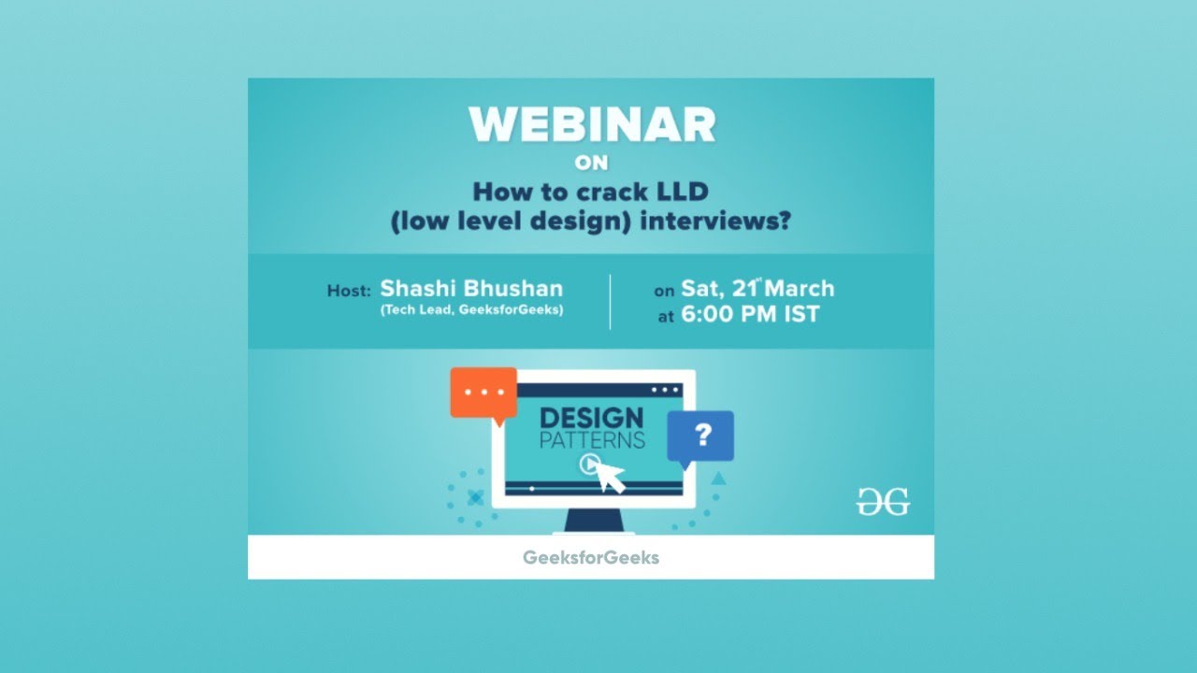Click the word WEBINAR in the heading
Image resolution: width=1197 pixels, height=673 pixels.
click(x=591, y=124)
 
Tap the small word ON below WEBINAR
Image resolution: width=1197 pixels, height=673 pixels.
click(x=591, y=164)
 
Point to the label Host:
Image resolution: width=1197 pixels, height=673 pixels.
click(x=350, y=291)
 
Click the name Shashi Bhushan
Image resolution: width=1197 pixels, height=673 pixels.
click(x=471, y=289)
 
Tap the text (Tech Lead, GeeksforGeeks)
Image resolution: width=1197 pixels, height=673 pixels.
click(x=471, y=310)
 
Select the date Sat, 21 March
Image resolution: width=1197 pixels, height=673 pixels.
click(x=757, y=289)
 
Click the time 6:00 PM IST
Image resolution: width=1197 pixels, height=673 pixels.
click(x=750, y=315)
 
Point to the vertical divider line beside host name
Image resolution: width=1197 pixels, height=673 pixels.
click(x=610, y=301)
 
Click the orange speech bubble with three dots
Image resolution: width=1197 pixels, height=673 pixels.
click(x=483, y=393)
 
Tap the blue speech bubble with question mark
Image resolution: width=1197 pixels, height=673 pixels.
click(x=700, y=437)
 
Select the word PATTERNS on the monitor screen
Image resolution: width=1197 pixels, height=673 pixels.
click(x=591, y=439)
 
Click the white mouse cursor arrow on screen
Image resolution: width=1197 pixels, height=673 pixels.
click(x=611, y=477)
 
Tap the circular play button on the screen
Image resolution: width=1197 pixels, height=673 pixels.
click(x=589, y=463)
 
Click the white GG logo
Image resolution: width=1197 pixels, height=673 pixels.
click(x=883, y=502)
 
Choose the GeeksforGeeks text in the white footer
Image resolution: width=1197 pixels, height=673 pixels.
click(x=591, y=557)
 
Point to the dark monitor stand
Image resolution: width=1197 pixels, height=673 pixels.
click(x=593, y=520)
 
